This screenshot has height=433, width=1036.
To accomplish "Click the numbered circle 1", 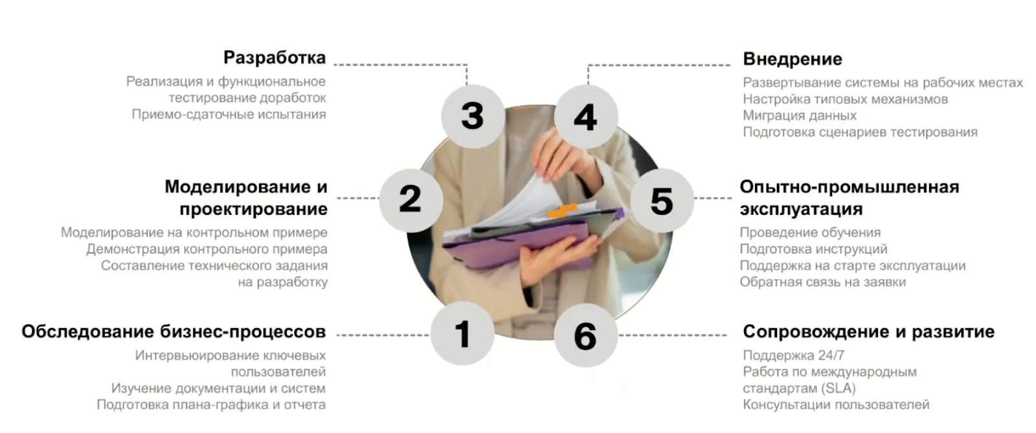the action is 462,333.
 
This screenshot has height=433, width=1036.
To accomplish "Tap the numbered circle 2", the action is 411,200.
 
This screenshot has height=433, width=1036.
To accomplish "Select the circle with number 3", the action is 473,116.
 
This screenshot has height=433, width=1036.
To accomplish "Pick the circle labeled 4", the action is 586,117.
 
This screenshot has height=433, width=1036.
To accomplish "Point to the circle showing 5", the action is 662,201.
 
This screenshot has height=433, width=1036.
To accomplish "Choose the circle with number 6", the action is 586,335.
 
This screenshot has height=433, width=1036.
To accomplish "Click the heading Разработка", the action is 275,58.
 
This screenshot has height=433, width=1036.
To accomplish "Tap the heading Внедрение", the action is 793,59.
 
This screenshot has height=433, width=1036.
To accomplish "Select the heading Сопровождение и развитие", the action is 868,332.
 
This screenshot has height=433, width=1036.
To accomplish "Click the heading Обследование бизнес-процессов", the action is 174,332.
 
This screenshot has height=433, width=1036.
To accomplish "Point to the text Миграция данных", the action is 800,115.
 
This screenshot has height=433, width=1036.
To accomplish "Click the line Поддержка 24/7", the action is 794,355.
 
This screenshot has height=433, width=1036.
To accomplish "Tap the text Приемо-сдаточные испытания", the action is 229,115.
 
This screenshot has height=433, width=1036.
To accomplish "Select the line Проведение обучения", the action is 810,232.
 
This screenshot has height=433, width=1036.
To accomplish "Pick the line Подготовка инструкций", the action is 813,249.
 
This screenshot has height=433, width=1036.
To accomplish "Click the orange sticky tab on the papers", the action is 561,211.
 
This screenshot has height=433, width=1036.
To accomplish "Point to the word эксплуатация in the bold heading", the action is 801,209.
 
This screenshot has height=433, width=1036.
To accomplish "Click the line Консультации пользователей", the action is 836,405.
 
